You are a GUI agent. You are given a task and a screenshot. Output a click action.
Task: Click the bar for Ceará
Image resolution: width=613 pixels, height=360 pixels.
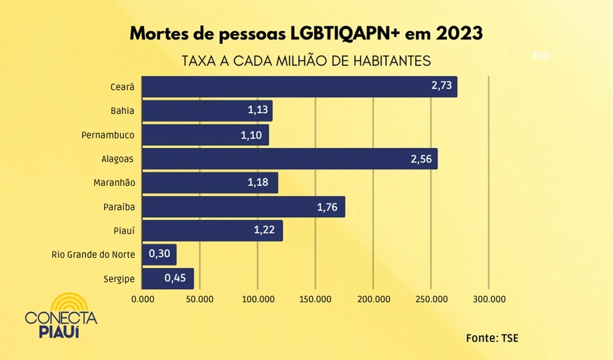299,87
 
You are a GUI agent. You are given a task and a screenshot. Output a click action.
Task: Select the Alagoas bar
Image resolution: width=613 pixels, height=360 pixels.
289,159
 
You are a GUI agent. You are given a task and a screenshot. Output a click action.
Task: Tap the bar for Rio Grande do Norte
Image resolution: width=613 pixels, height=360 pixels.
159,254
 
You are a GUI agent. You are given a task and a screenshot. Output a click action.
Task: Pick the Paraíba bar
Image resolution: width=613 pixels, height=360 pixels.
243,207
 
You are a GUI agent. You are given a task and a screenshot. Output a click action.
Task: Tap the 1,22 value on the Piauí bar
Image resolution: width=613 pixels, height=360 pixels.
265,231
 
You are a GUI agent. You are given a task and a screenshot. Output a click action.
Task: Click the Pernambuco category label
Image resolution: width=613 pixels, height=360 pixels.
108,135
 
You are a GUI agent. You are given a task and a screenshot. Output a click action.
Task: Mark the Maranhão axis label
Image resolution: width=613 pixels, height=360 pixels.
114,183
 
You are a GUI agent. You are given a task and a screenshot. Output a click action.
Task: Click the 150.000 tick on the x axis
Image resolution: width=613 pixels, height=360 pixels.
316,300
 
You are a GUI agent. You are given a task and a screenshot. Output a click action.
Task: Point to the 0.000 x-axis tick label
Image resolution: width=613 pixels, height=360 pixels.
143,300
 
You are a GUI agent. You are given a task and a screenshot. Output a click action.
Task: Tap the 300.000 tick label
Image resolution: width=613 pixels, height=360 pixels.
489,300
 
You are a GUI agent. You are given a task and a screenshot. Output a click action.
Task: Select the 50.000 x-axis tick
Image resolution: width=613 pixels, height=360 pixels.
200,300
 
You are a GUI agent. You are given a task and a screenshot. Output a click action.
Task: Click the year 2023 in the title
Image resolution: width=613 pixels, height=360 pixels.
459,34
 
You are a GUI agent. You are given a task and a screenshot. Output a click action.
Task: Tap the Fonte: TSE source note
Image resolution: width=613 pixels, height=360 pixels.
491,337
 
